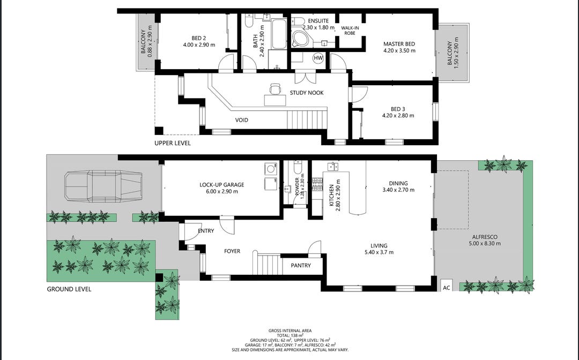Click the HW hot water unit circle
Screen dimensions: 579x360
pyautogui.click(x=318, y=58)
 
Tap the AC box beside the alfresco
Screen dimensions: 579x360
pyautogui.click(x=447, y=286)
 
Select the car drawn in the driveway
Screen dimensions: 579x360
pyautogui.click(x=103, y=186)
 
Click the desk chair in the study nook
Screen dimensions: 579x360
pyautogui.click(x=275, y=89)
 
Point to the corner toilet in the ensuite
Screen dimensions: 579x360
pyautogui.click(x=301, y=39)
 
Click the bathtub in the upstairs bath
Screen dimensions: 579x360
pyautogui.click(x=279, y=34)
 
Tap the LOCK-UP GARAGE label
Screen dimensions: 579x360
pyautogui.click(x=221, y=185)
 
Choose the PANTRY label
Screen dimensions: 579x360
pyautogui.click(x=301, y=265)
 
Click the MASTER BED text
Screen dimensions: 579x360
pyautogui.click(x=399, y=44)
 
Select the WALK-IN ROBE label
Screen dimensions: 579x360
pyautogui.click(x=350, y=30)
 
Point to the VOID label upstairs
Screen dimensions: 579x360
pyautogui.click(x=241, y=120)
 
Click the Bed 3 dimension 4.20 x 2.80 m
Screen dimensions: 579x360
pyautogui.click(x=398, y=116)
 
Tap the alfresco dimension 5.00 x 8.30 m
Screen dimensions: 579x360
pyautogui.click(x=485, y=243)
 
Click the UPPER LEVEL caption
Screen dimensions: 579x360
pyautogui.click(x=173, y=143)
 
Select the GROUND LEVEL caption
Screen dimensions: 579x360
pyautogui.click(x=69, y=289)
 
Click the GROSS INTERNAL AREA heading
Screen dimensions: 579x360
pyautogui.click(x=290, y=331)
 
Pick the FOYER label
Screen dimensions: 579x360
pyautogui.click(x=232, y=251)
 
